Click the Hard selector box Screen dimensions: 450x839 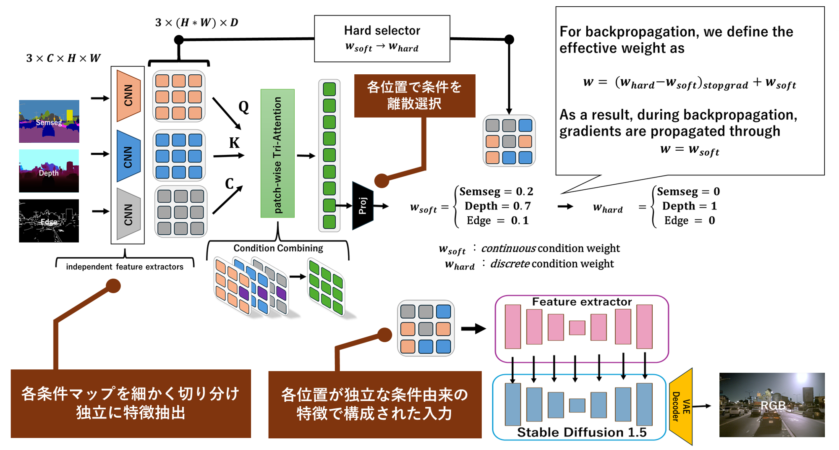[382, 39]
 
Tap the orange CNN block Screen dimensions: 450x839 [128, 96]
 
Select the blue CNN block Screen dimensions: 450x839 [128, 156]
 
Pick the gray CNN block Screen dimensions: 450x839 [128, 214]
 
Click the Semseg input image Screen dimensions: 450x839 [49, 121]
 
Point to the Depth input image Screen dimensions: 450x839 [49, 171]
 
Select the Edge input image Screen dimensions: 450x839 [49, 221]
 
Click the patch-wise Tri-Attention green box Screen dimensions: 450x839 [277, 153]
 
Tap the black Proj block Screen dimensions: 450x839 [363, 206]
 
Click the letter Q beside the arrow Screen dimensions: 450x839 [244, 107]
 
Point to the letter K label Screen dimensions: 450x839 [234, 143]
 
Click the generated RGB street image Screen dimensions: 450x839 [772, 405]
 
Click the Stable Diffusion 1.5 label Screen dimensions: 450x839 [582, 432]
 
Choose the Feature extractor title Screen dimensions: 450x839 [582, 302]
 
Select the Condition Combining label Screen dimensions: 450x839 [278, 248]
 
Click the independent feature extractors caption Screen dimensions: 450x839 [125, 267]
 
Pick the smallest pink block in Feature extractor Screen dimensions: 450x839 [577, 328]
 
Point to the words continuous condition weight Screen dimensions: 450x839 [550, 249]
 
